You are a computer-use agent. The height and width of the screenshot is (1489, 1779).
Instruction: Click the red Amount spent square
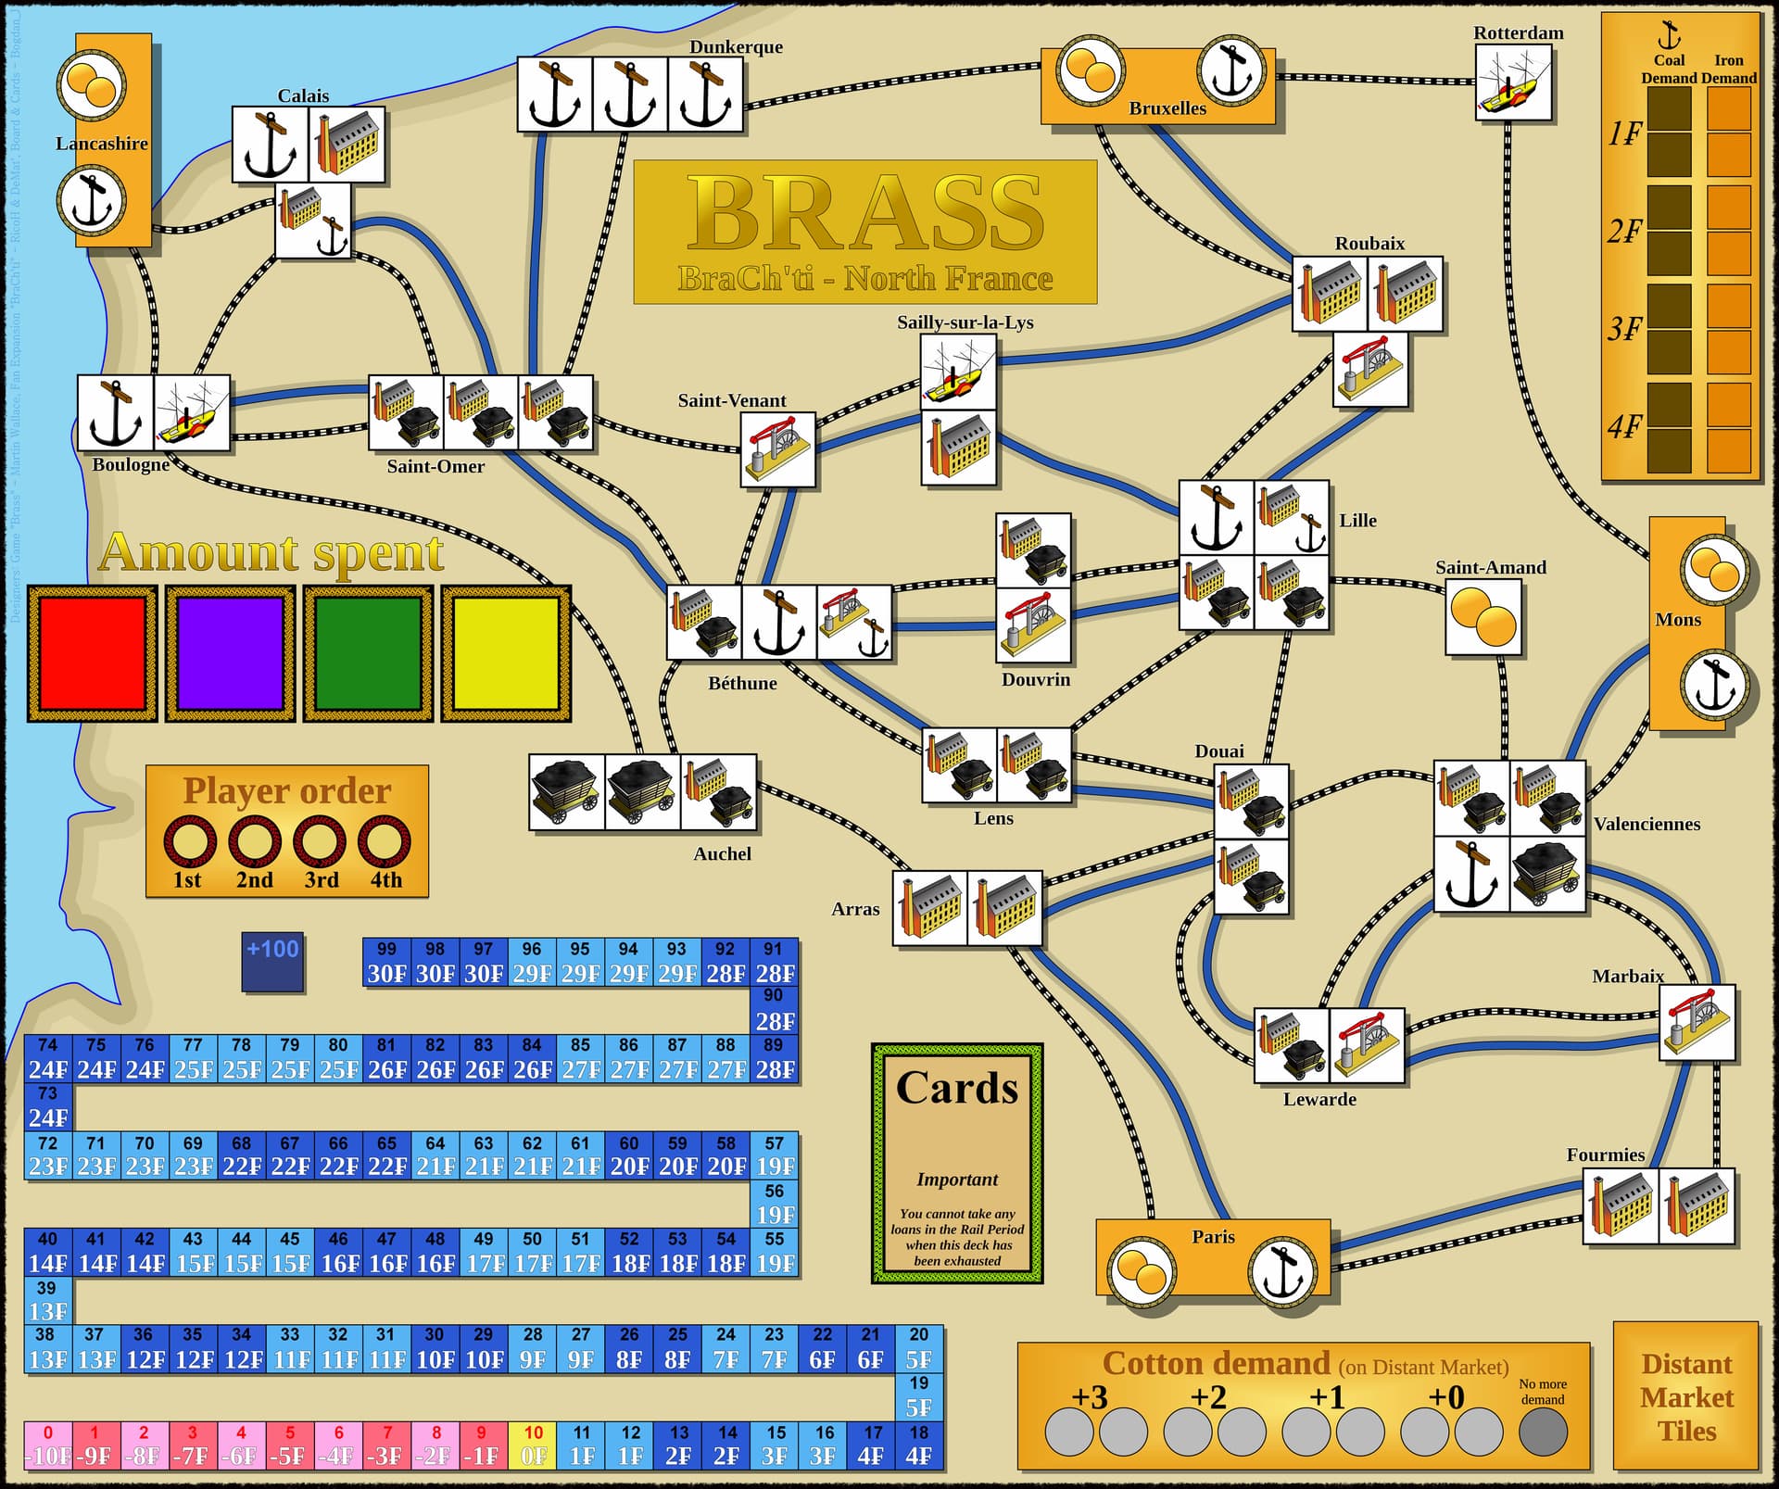click(x=92, y=653)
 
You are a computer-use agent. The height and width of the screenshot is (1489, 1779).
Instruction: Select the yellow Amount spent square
click(x=506, y=653)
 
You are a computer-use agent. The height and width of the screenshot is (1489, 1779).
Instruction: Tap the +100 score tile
click(x=272, y=962)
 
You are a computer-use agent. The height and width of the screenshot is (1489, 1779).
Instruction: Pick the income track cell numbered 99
click(x=386, y=962)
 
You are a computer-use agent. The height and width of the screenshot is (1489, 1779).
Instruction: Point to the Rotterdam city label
click(x=1518, y=33)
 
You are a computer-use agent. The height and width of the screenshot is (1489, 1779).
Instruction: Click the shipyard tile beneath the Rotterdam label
click(x=1513, y=83)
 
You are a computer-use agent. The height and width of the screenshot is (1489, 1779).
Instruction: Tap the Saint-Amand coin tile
click(x=1483, y=618)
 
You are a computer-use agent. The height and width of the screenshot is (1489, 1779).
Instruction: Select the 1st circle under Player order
click(x=189, y=841)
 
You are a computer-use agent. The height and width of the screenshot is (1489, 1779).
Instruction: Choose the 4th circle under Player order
click(x=385, y=841)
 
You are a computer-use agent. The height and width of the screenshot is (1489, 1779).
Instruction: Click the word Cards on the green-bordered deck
click(x=956, y=1088)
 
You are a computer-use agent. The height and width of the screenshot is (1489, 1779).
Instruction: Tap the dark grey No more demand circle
click(x=1543, y=1431)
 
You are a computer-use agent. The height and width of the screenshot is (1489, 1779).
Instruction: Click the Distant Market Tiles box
click(x=1685, y=1396)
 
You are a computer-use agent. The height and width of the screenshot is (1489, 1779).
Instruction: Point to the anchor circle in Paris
click(x=1281, y=1271)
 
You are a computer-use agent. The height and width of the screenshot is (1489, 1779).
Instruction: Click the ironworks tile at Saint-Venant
click(x=777, y=450)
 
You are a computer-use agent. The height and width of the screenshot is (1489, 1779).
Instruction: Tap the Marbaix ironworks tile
click(x=1696, y=1023)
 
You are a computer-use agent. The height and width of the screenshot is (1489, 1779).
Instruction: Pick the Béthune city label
click(x=742, y=684)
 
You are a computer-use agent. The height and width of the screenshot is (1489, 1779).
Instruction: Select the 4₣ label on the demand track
click(x=1624, y=428)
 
